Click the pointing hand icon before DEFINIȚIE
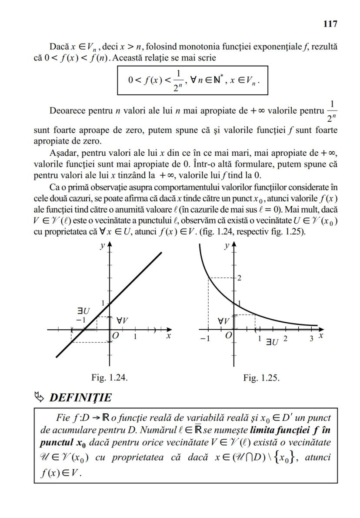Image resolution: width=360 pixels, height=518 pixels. [40, 397]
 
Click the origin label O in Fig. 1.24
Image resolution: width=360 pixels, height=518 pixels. [115, 335]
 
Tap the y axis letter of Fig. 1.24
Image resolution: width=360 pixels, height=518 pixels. [102, 246]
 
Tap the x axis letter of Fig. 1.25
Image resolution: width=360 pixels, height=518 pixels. [320, 336]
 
